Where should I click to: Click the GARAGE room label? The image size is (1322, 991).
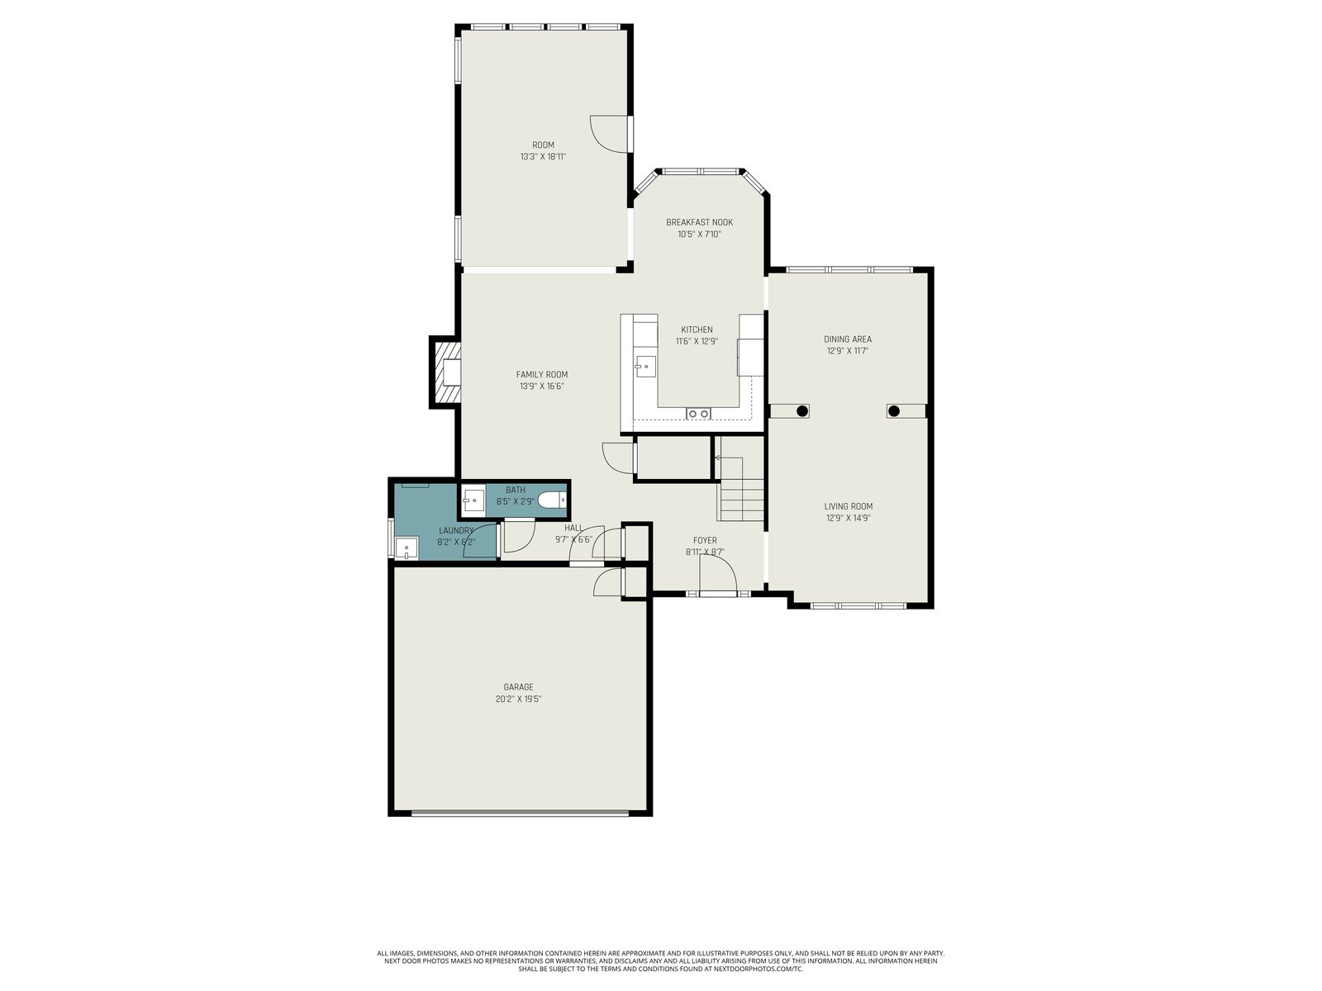518,687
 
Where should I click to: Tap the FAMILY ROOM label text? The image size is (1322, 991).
541,374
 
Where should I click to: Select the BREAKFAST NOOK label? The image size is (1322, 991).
699,222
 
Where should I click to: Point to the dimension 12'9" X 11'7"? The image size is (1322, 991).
848,351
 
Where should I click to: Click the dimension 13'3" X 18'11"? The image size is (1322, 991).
543,156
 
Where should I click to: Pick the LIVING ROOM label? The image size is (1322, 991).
848,506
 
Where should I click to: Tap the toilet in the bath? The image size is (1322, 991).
552,500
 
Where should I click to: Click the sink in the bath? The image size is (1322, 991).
473,500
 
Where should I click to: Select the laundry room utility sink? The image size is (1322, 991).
407,548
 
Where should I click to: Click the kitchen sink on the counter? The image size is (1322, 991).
645,366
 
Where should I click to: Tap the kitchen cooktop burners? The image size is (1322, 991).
699,414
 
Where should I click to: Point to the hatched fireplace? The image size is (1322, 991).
445,372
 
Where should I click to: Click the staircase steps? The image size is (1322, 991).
740,489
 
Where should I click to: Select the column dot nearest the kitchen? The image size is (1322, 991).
801,411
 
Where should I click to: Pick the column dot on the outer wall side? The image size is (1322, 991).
894,411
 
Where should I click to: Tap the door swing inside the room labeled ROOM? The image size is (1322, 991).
609,134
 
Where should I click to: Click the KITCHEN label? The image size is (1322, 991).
697,330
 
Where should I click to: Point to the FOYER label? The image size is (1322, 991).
705,540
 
